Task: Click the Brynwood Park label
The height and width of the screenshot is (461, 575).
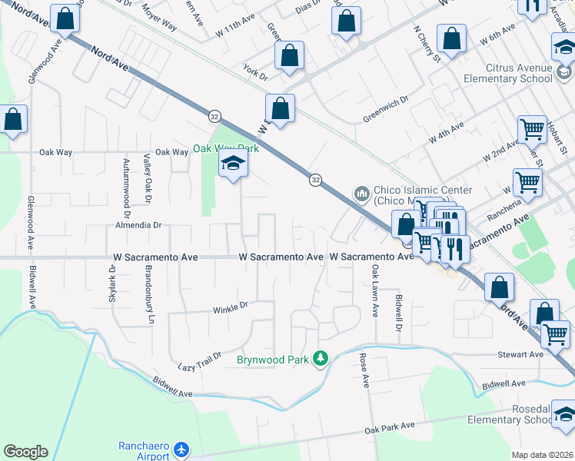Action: coord(272,359)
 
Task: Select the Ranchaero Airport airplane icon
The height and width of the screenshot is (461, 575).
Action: coord(181,449)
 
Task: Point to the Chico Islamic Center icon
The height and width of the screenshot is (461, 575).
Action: coord(361,192)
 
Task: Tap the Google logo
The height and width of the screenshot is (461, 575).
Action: coord(25,452)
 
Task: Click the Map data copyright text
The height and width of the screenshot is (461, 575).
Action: coord(542,455)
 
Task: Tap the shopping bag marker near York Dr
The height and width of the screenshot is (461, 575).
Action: coord(289,56)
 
